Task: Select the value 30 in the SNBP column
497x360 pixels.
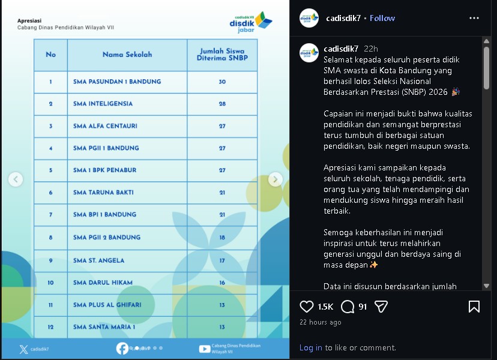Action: tap(222, 82)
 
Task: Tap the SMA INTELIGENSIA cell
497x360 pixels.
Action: tap(103, 104)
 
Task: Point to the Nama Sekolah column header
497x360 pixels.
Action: tap(127, 55)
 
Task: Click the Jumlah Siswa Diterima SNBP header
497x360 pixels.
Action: tap(222, 55)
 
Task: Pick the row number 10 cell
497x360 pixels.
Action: tap(50, 283)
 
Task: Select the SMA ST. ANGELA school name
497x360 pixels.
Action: tap(98, 260)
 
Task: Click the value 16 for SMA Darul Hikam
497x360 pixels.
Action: tap(222, 283)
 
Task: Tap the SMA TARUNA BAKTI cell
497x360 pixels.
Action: tap(103, 193)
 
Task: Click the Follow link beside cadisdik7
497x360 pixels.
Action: tap(382, 18)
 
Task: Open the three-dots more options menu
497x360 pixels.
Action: tap(474, 18)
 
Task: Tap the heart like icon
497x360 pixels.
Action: tap(307, 307)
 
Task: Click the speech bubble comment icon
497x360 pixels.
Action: tap(348, 307)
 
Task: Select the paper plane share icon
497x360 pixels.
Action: tap(381, 307)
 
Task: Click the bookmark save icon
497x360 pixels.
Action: tap(474, 307)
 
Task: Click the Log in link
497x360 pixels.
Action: tap(310, 347)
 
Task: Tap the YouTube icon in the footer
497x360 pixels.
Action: tap(204, 349)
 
